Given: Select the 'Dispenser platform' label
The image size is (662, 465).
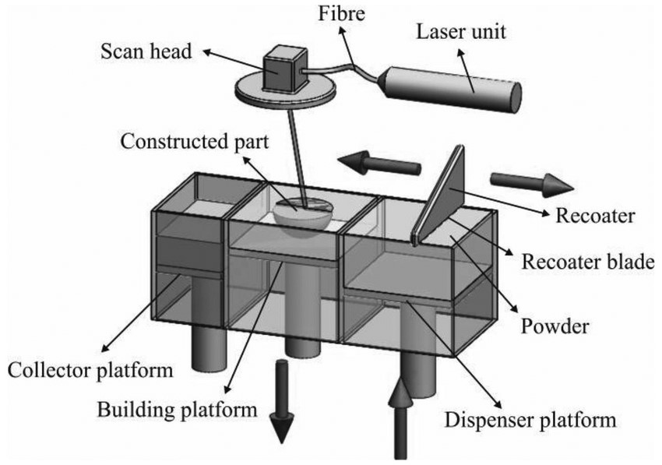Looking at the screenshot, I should [531, 421].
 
